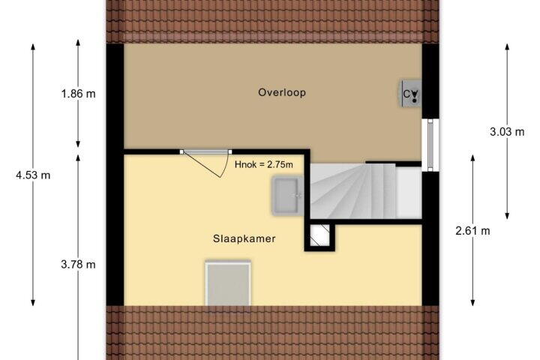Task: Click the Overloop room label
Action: pos(282,93)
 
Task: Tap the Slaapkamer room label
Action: pos(244,238)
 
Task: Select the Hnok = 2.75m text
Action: pos(264,165)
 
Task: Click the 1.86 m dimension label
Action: pos(78,93)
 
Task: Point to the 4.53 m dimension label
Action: pos(33,175)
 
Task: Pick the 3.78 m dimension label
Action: pos(78,265)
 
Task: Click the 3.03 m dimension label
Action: pos(507,131)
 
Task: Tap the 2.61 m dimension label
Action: pos(472,231)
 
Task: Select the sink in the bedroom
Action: pos(286,196)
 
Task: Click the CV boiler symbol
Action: pos(410,93)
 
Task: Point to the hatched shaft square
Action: pos(319,235)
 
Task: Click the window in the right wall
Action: pos(430,145)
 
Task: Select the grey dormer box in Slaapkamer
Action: pos(228,283)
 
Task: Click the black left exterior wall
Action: pos(115,174)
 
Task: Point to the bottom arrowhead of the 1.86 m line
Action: pos(78,145)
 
